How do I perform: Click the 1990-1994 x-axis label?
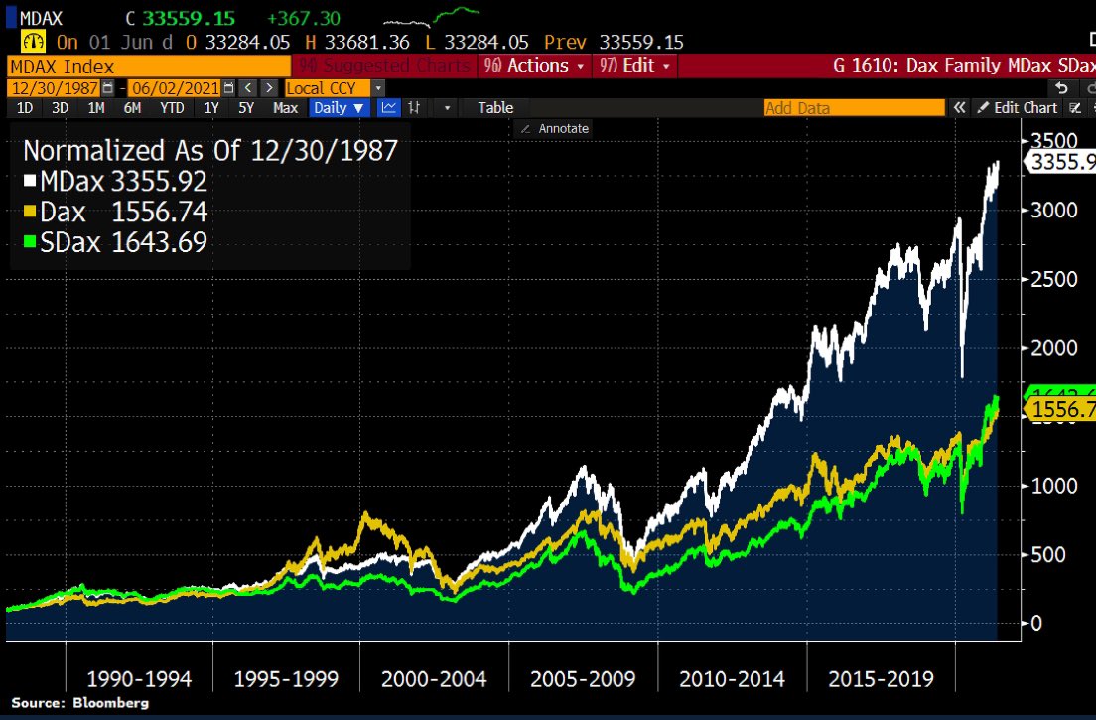(x=139, y=679)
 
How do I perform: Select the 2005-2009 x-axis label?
(x=584, y=679)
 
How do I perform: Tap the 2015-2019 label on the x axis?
(x=881, y=679)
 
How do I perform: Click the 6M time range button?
(x=132, y=107)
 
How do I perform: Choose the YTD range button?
(x=173, y=107)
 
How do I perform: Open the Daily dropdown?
(x=339, y=107)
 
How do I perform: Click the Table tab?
(x=495, y=107)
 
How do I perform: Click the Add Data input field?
(x=854, y=107)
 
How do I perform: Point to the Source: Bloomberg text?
(x=79, y=703)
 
